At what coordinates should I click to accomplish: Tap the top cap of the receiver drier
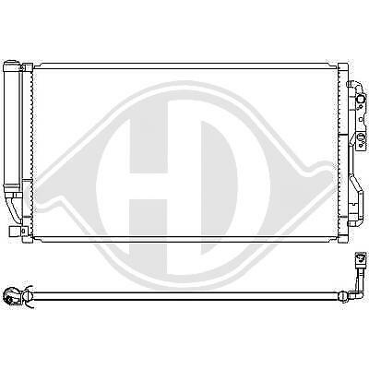pos(14,65)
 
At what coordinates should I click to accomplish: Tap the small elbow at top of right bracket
pos(352,84)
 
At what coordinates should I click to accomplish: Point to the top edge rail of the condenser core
pos(184,65)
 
